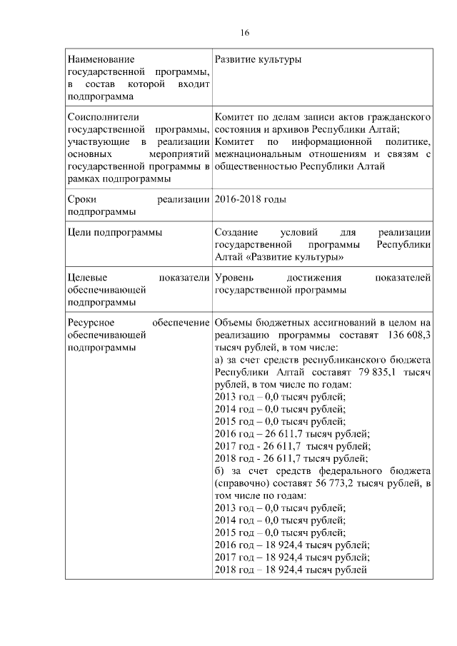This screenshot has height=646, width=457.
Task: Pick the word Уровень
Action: point(234,278)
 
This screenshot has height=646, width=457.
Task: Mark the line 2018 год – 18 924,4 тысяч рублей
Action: point(291,570)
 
